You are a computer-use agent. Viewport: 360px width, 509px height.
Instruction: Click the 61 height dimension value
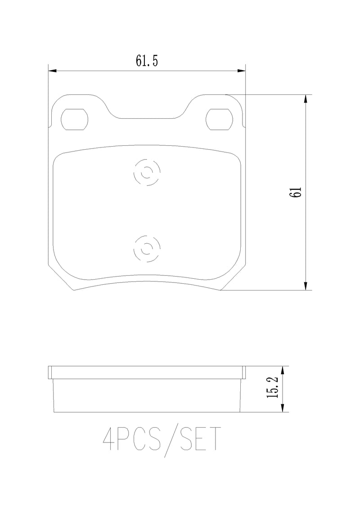pos(295,192)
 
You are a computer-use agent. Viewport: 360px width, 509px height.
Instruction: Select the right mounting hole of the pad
pos(218,119)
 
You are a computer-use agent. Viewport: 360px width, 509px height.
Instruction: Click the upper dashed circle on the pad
pos(147,173)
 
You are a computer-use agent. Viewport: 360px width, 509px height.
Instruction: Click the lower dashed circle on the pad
pos(147,248)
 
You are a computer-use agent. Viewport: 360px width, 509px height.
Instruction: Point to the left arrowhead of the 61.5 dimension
pos(52,71)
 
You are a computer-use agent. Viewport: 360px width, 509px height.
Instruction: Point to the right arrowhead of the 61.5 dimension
pos(242,71)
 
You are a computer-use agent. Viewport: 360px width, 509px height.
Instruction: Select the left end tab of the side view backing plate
pos(50,372)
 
